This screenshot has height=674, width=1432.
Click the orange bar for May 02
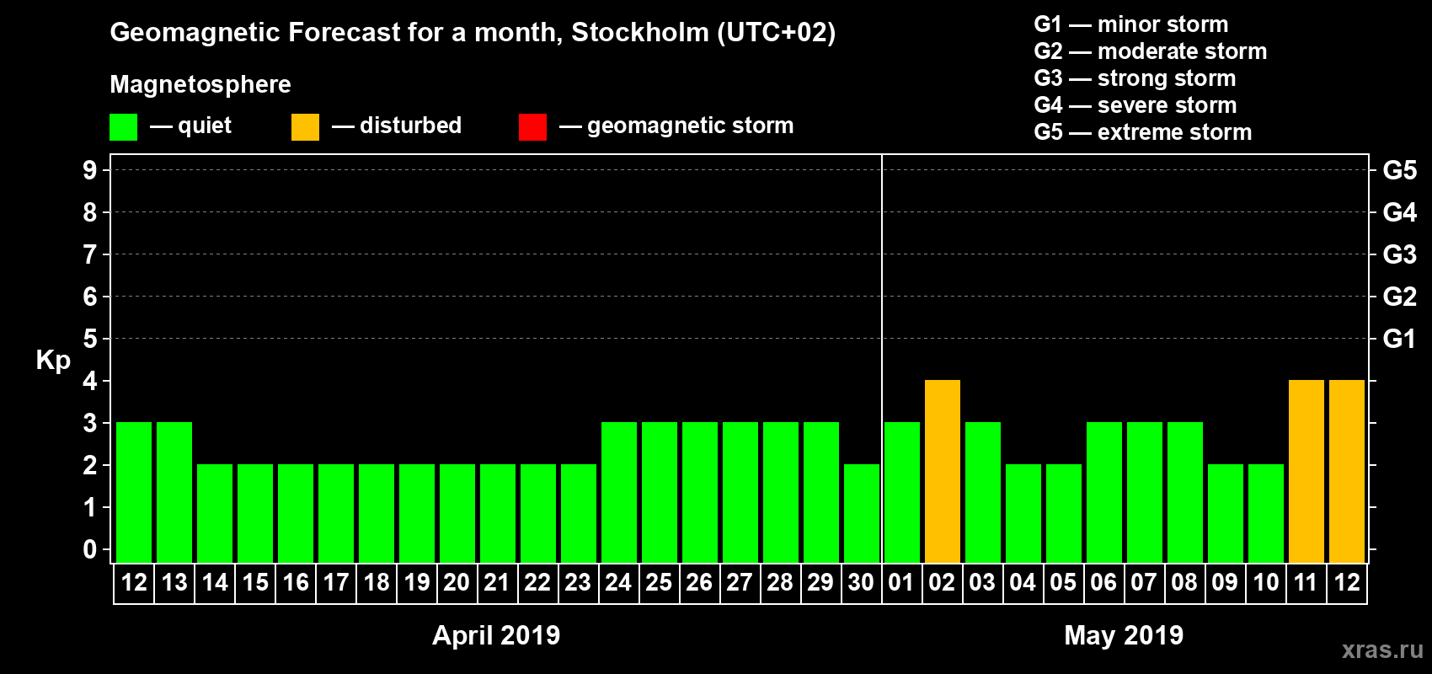(942, 471)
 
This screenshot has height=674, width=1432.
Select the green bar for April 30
(861, 513)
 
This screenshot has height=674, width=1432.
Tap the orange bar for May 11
(1306, 471)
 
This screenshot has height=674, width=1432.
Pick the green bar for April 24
(618, 492)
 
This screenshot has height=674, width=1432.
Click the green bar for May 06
(1103, 492)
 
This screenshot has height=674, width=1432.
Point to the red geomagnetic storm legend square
(532, 126)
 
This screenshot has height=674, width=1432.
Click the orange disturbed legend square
(305, 126)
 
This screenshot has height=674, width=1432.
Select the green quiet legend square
(123, 126)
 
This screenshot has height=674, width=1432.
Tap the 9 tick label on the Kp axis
(90, 170)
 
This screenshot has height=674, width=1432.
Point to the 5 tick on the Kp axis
(90, 339)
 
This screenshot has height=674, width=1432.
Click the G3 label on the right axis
(1399, 254)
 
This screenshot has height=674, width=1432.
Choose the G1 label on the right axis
(1399, 339)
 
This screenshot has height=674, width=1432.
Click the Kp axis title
(53, 360)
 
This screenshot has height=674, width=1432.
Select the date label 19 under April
(416, 582)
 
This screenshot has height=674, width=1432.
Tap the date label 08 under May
(1184, 582)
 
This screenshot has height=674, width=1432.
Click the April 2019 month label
(496, 635)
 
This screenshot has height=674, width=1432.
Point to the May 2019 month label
(1124, 635)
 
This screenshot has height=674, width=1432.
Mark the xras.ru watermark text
(1382, 650)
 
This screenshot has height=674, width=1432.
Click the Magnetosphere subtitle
(200, 84)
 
